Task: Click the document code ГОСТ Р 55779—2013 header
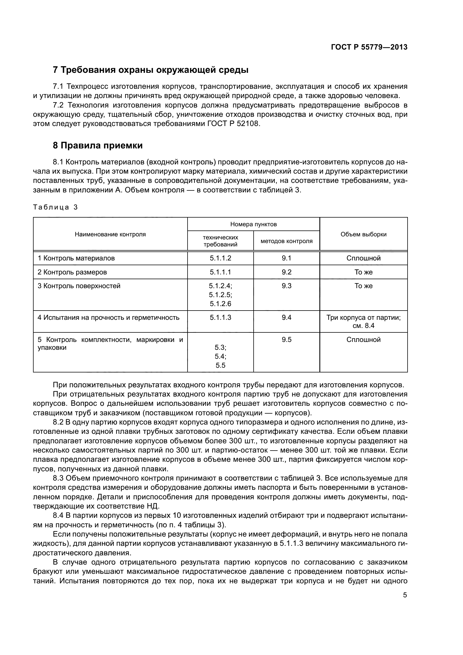[369, 47]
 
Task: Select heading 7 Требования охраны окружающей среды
[151, 70]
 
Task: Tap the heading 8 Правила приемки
[98, 146]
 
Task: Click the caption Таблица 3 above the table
[55, 207]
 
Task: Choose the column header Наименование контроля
[110, 234]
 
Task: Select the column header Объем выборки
[363, 234]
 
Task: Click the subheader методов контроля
[286, 241]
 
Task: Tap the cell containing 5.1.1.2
[220, 258]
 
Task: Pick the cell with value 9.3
[286, 286]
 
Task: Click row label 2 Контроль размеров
[72, 272]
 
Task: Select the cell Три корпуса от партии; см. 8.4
[363, 321]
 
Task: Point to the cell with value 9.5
[286, 339]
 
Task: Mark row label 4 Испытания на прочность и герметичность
[108, 318]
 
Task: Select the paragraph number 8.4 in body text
[59, 516]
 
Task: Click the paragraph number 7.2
[59, 105]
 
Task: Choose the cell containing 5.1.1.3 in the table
[220, 318]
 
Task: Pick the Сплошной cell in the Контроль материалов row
[363, 258]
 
